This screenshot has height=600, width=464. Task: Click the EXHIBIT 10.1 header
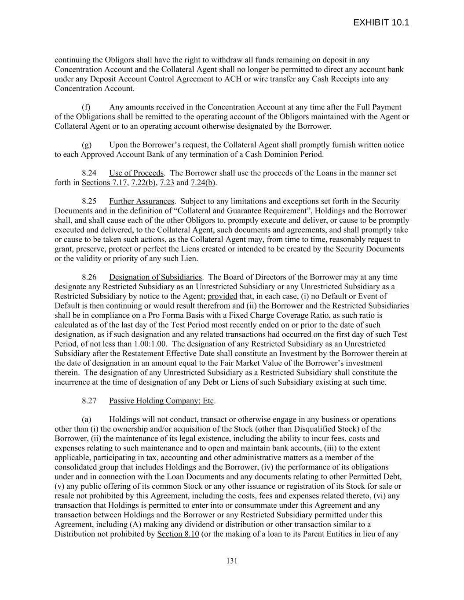381,23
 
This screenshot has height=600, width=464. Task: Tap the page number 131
232,561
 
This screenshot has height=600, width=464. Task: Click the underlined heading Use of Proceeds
136,173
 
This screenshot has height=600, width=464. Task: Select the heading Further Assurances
142,201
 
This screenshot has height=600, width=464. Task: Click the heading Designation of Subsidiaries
156,277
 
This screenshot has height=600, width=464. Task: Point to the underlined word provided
222,296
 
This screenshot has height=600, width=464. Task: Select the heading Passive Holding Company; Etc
161,401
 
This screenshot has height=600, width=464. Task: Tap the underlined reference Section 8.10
178,535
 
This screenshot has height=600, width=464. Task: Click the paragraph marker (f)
87,107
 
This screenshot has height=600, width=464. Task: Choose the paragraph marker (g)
87,145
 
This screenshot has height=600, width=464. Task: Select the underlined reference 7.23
167,183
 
